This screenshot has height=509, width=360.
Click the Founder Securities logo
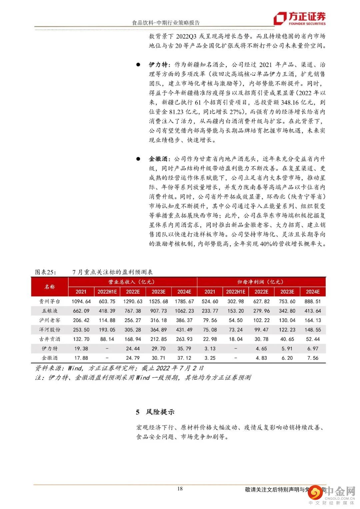[299, 19]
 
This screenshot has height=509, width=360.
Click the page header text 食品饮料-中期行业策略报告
[166, 23]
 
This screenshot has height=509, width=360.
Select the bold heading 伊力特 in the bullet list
[159, 65]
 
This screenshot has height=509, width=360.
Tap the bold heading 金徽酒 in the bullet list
[159, 159]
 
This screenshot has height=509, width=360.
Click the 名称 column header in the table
[50, 287]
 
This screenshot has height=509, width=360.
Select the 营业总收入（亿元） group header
[132, 282]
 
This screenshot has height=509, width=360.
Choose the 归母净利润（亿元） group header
[261, 282]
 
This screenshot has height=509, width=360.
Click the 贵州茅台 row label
[50, 301]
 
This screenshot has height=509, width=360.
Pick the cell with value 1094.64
[81, 301]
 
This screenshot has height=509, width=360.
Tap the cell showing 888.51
[313, 301]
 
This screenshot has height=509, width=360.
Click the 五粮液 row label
[50, 311]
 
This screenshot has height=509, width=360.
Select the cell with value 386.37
[184, 320]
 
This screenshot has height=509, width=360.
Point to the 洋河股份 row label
[50, 330]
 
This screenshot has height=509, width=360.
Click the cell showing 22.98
[210, 339]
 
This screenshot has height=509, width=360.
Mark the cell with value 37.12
[184, 358]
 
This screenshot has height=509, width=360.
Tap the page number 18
[180, 489]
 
